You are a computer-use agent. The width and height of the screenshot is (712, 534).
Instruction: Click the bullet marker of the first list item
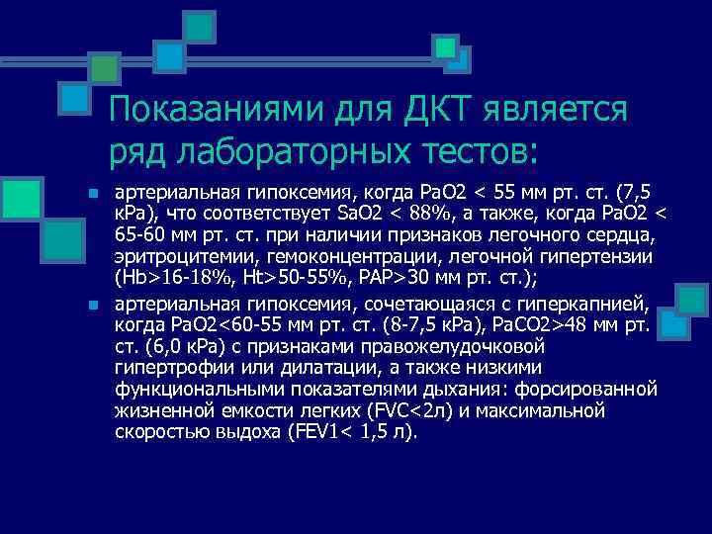click(91, 193)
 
